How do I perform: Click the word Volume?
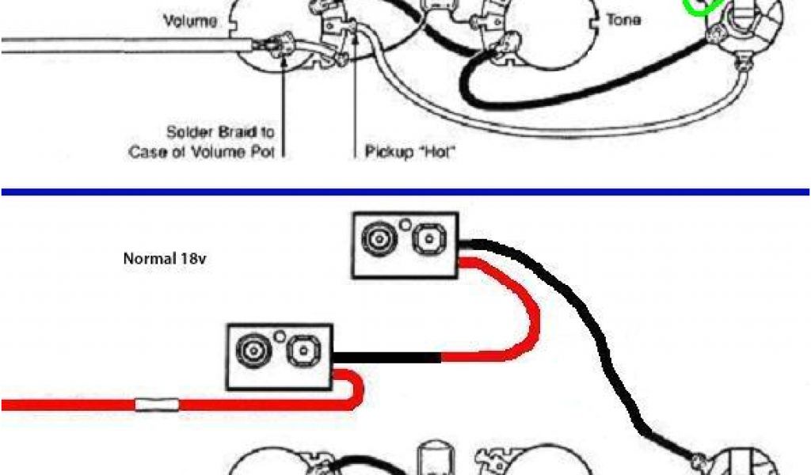[190, 22]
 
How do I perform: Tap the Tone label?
[623, 19]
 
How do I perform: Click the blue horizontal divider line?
[405, 192]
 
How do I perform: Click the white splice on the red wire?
[158, 405]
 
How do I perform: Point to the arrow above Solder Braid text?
[283, 87]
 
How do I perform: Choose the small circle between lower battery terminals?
[278, 336]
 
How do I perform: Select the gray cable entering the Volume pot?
[119, 45]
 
